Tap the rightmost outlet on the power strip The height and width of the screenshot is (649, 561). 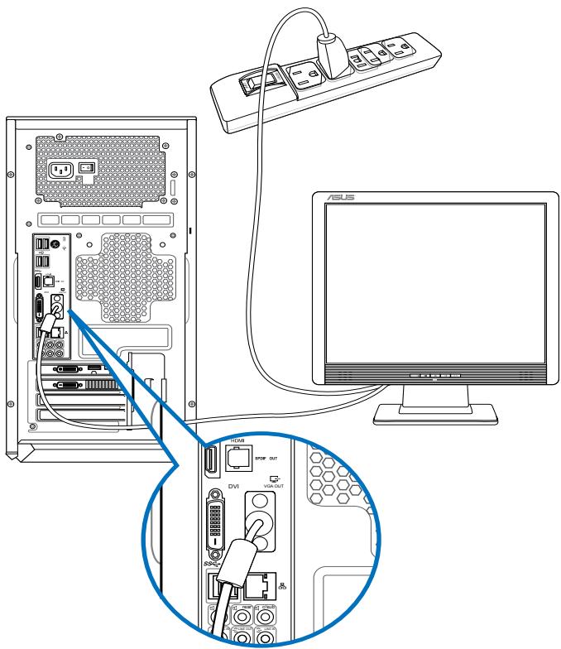tap(400, 48)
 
